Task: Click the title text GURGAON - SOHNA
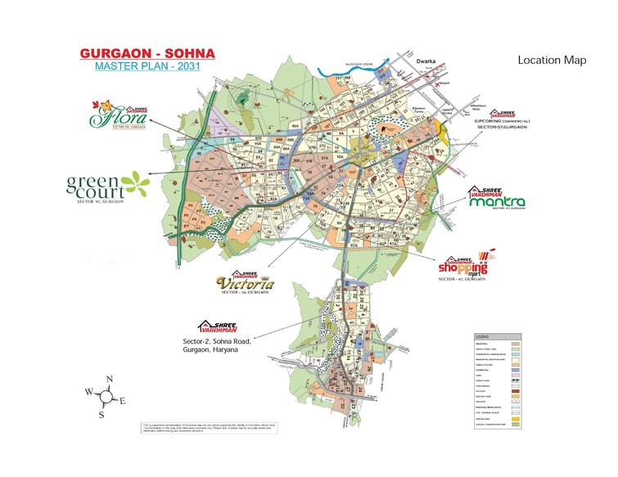tap(147, 53)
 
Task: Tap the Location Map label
tap(552, 61)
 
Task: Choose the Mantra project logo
tap(497, 200)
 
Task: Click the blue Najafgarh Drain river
tap(344, 75)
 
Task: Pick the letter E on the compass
tap(123, 401)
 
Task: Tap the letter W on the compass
tap(88, 392)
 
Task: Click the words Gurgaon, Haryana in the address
tap(210, 349)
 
